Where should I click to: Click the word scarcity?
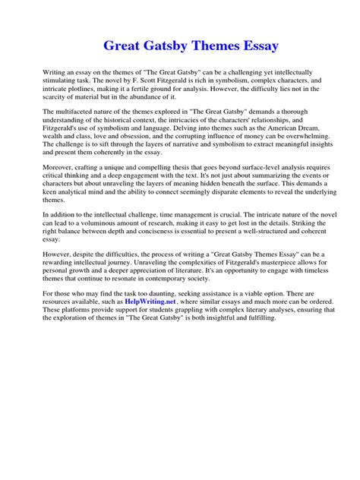coord(61,98)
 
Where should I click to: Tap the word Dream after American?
coord(302,128)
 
